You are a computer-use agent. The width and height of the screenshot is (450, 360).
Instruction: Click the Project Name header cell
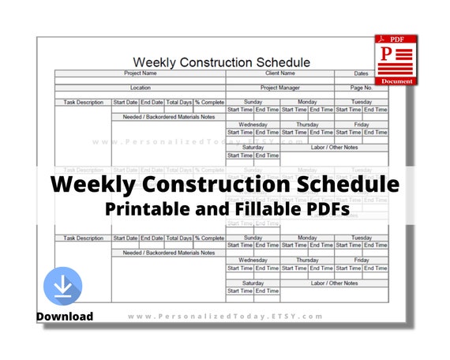[141, 73]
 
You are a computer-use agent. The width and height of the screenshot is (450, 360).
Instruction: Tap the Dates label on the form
[361, 73]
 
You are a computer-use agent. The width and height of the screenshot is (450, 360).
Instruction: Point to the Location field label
[141, 88]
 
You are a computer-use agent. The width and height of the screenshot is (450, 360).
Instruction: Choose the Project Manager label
[279, 88]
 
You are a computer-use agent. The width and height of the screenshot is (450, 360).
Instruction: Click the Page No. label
[361, 88]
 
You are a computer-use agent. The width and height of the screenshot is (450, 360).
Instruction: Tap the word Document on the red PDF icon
[396, 81]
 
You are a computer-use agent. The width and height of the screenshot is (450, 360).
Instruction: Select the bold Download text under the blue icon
[64, 317]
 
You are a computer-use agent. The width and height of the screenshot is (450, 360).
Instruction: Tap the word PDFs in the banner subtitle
[312, 210]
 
